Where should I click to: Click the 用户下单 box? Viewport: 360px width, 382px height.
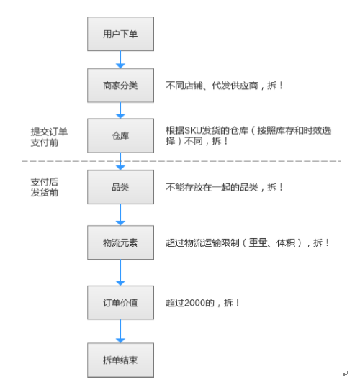pyautogui.click(x=120, y=34)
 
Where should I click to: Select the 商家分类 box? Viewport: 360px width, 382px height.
pyautogui.click(x=120, y=86)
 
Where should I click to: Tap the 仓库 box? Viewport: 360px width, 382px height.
pyautogui.click(x=120, y=135)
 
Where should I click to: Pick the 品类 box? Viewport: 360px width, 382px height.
pyautogui.click(x=120, y=187)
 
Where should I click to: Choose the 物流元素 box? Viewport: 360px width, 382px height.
pyautogui.click(x=120, y=242)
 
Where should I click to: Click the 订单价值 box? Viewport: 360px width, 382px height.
pyautogui.click(x=120, y=303)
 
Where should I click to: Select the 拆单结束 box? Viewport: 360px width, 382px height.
pyautogui.click(x=120, y=360)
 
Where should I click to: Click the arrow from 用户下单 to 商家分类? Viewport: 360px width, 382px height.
pyautogui.click(x=120, y=60)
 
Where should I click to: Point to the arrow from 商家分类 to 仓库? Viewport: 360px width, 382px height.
pyautogui.click(x=120, y=110)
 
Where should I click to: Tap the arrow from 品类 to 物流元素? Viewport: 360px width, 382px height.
pyautogui.click(x=120, y=215)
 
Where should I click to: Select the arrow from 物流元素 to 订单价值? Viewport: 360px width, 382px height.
pyautogui.click(x=120, y=273)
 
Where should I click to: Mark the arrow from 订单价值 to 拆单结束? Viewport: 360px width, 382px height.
pyautogui.click(x=120, y=332)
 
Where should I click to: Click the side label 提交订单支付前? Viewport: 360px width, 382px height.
pyautogui.click(x=49, y=137)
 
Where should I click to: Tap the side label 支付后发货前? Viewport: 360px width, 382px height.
pyautogui.click(x=45, y=187)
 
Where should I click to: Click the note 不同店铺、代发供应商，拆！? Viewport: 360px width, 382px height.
pyautogui.click(x=224, y=86)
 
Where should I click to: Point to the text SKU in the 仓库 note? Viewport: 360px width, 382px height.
pyautogui.click(x=194, y=131)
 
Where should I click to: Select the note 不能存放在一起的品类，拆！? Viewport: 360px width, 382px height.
pyautogui.click(x=224, y=187)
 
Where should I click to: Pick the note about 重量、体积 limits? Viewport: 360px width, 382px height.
pyautogui.click(x=247, y=242)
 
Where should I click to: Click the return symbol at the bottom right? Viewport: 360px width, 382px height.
pyautogui.click(x=345, y=373)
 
